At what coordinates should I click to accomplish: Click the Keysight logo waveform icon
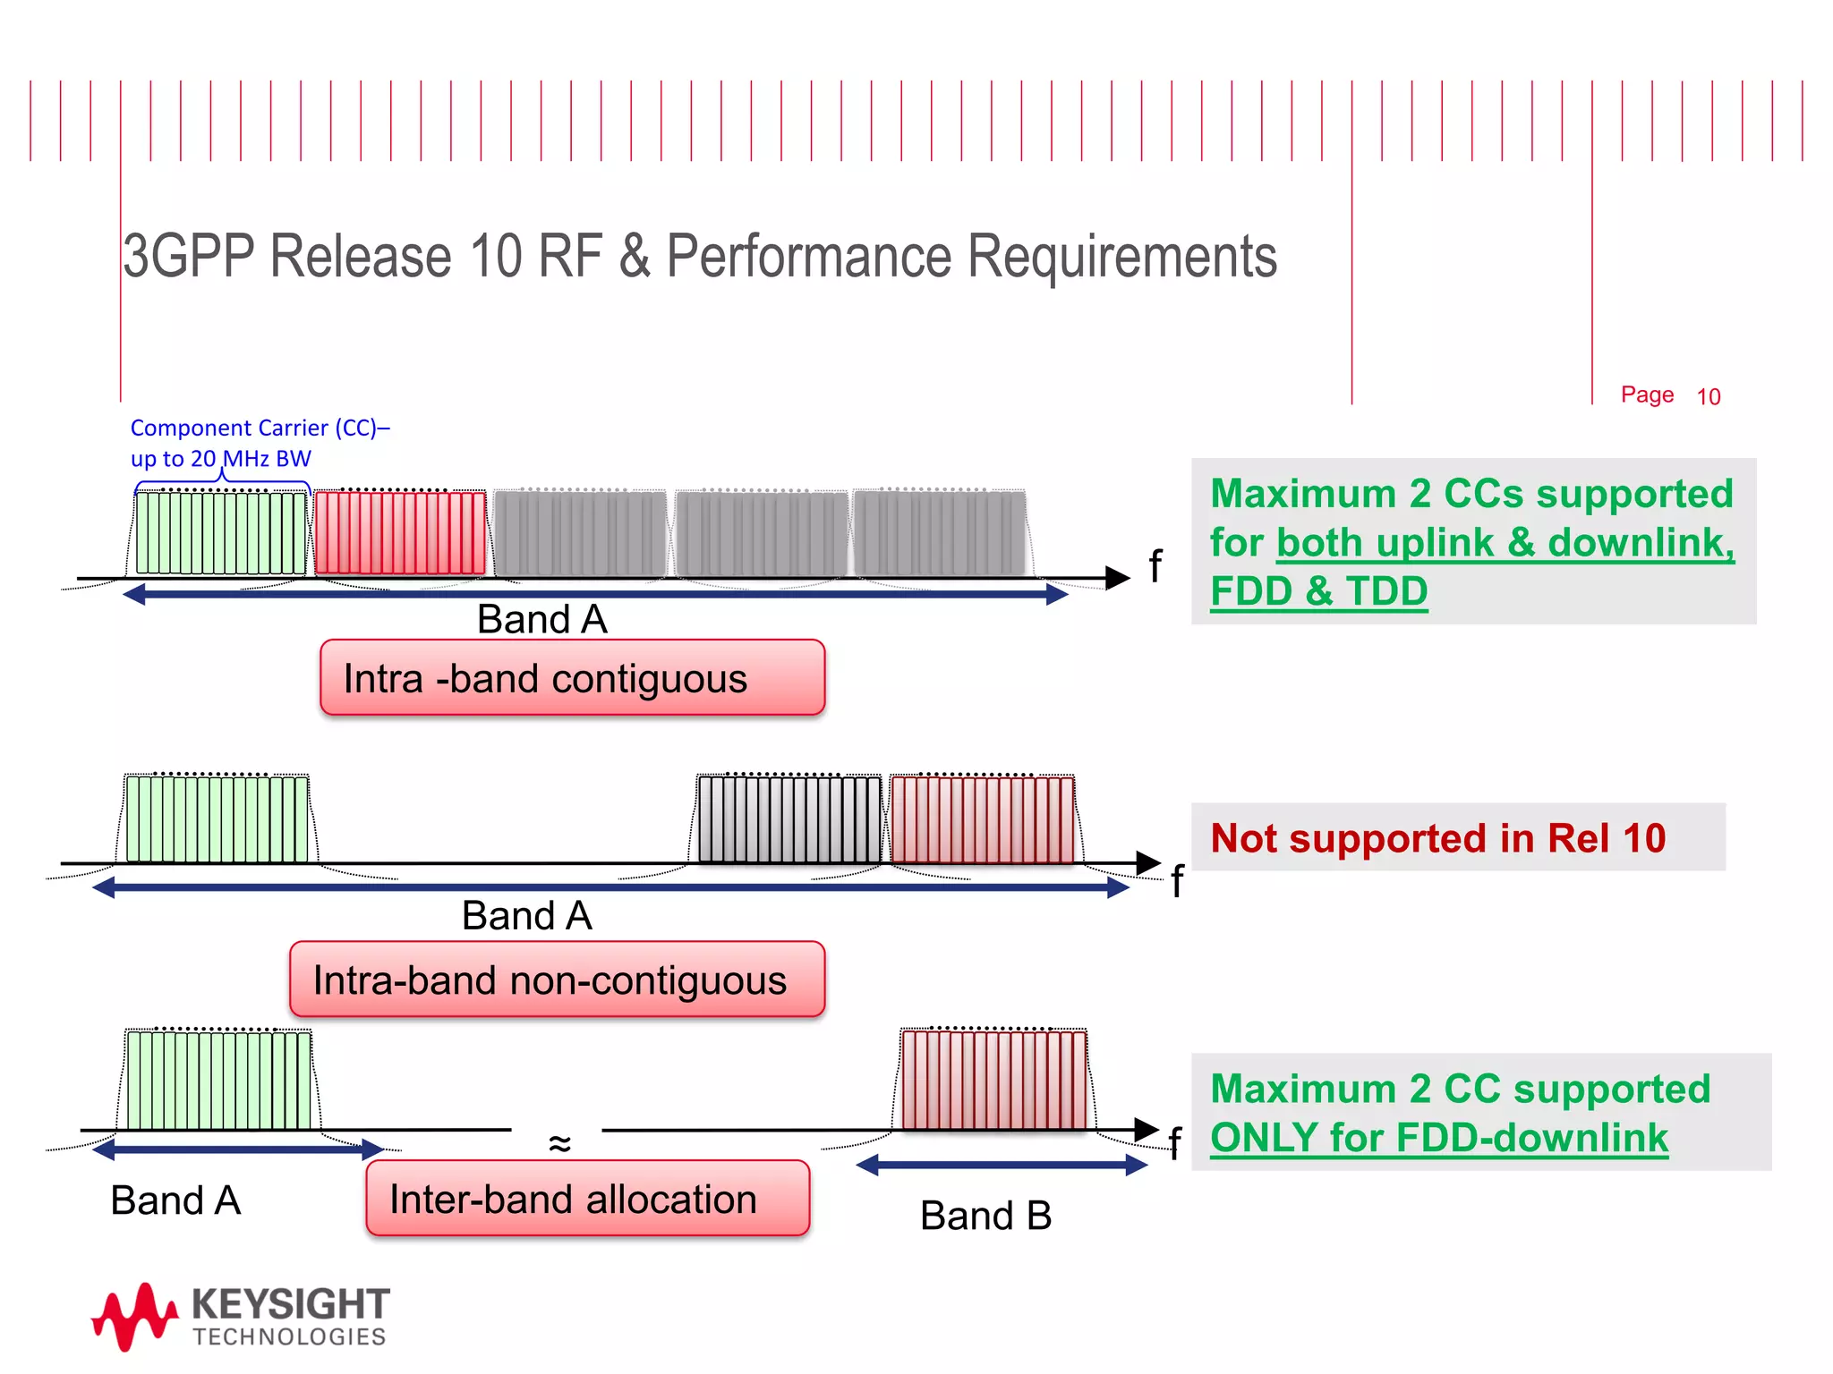coord(134,1316)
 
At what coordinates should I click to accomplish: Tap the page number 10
coord(1708,397)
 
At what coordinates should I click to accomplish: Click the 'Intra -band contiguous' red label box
coord(572,678)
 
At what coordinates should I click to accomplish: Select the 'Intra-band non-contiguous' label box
coord(557,980)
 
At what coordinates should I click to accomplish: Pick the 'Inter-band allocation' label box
coord(587,1199)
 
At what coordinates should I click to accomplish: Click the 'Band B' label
coord(985,1216)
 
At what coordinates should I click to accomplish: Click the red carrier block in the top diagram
coord(400,532)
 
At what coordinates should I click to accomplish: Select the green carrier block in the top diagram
coord(220,532)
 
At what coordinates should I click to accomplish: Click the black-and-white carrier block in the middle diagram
coord(789,819)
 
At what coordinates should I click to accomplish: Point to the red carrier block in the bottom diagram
coord(993,1080)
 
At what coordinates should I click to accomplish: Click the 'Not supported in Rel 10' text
coord(1437,838)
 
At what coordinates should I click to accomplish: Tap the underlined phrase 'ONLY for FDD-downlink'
coord(1438,1138)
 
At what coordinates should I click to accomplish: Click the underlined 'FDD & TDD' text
coord(1318,591)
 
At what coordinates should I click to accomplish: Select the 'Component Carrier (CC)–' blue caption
coord(260,428)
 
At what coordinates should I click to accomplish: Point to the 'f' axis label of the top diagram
coord(1155,566)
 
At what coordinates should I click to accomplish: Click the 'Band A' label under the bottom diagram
coord(175,1200)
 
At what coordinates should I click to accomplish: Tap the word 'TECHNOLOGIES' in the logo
coord(289,1337)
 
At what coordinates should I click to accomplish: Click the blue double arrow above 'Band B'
coord(1002,1165)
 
